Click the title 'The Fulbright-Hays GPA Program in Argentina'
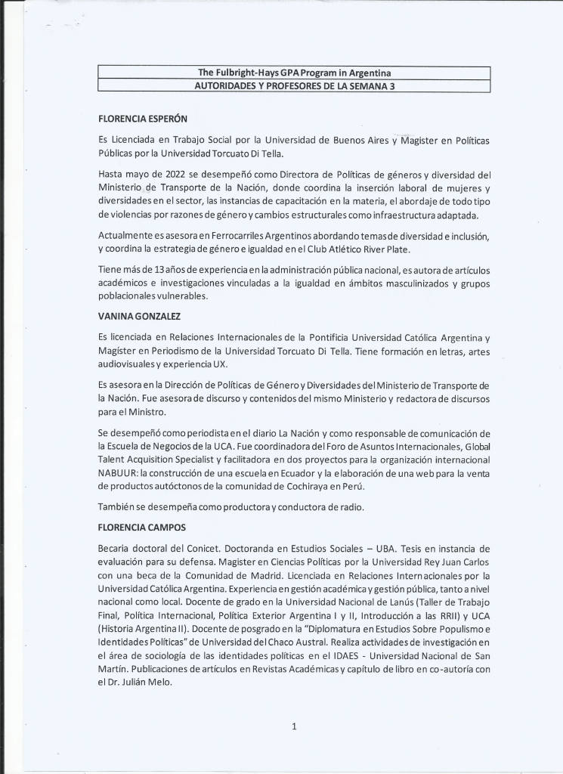[x=294, y=73]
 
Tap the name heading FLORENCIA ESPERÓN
[x=143, y=119]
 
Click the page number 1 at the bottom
[x=294, y=727]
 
